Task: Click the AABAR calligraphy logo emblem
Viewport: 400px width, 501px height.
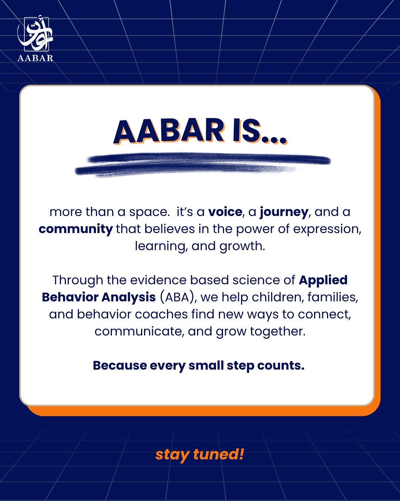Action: pyautogui.click(x=35, y=34)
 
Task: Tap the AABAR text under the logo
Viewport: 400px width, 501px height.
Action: pyautogui.click(x=35, y=58)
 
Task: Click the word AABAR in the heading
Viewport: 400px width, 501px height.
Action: pyautogui.click(x=169, y=131)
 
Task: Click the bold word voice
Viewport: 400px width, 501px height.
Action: pyautogui.click(x=225, y=212)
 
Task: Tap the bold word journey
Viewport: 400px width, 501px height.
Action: pyautogui.click(x=284, y=212)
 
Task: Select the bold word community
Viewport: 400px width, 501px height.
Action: pyautogui.click(x=76, y=229)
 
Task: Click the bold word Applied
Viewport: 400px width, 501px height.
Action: pyautogui.click(x=323, y=281)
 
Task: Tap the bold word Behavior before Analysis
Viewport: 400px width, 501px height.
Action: pyautogui.click(x=70, y=297)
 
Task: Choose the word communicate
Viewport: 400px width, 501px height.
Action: pyautogui.click(x=139, y=331)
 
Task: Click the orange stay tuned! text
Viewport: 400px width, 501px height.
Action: pyautogui.click(x=200, y=454)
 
